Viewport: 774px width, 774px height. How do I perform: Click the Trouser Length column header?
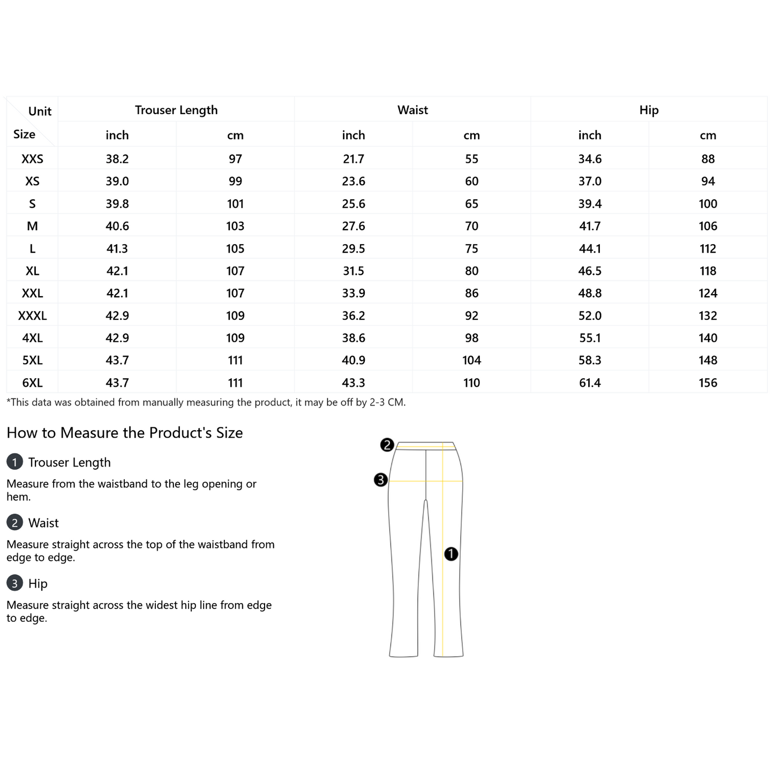click(176, 110)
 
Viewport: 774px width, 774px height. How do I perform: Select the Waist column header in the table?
click(412, 110)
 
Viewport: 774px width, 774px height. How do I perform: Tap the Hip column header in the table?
click(649, 110)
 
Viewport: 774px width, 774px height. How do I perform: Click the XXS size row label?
click(32, 159)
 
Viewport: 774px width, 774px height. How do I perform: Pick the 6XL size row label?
click(32, 383)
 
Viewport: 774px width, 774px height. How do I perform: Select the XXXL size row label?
click(32, 316)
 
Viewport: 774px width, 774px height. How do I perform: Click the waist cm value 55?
click(471, 159)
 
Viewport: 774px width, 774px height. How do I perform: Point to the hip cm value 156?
click(708, 383)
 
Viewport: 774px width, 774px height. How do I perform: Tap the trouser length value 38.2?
click(117, 159)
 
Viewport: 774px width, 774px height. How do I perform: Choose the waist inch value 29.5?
click(354, 249)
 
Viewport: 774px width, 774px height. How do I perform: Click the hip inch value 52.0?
click(590, 316)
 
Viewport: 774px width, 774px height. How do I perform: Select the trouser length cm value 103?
click(235, 226)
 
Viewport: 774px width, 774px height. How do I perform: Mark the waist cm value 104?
click(471, 360)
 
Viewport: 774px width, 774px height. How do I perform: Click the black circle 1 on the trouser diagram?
click(451, 554)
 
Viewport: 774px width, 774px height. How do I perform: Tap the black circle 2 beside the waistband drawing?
click(387, 445)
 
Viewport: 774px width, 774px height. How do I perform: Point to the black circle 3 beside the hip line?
click(380, 480)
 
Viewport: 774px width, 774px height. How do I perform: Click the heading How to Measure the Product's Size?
click(125, 433)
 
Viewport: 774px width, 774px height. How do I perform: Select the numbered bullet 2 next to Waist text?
click(14, 522)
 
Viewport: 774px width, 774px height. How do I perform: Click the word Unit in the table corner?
click(40, 111)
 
